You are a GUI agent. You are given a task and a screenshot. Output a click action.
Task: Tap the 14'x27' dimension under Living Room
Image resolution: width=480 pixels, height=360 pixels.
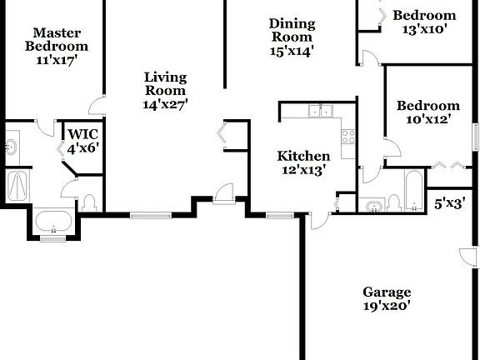[165, 105]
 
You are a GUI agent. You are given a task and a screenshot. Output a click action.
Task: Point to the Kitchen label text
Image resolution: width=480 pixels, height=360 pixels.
[303, 156]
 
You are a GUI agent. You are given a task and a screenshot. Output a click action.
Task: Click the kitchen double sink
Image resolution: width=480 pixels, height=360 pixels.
[319, 111]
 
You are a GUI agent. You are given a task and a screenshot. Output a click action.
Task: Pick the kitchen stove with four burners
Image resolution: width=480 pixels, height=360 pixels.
[348, 135]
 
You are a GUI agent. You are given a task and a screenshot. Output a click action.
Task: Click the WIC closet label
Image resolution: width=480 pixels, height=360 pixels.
[82, 134]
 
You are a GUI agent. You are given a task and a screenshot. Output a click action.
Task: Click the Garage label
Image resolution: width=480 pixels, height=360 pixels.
[387, 292]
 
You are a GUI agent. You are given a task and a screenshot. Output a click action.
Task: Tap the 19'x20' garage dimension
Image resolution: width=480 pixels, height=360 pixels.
[387, 306]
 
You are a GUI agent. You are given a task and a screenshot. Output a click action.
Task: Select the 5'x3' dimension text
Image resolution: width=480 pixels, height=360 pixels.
[450, 202]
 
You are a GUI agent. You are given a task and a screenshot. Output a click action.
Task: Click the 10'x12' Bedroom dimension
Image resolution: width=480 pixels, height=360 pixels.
[427, 119]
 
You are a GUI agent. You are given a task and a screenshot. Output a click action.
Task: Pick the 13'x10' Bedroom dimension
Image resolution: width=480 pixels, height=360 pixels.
[425, 28]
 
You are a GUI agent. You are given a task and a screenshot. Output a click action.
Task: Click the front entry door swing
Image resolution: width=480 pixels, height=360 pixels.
[222, 194]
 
